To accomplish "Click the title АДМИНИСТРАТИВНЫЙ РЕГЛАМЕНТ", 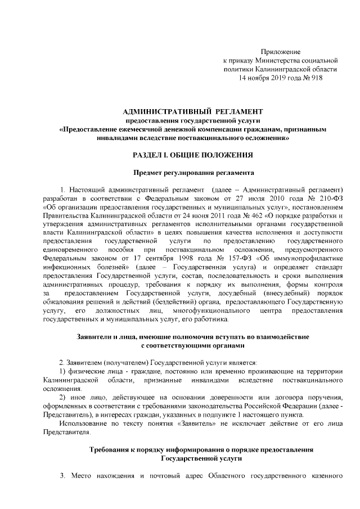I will pos(185,110).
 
